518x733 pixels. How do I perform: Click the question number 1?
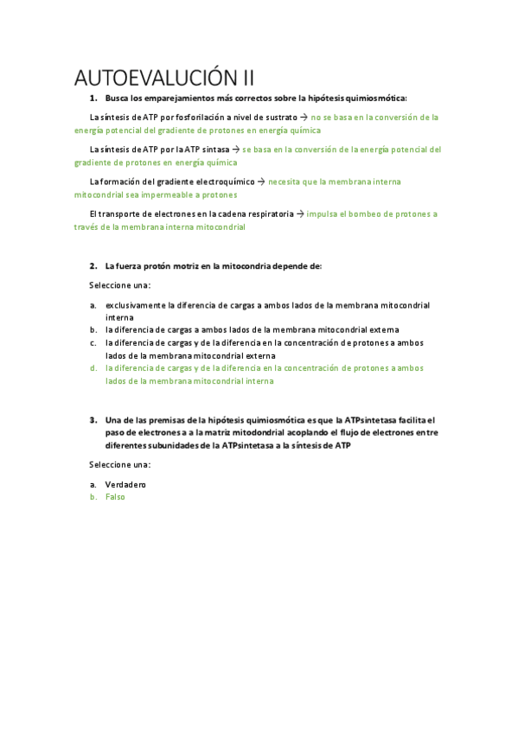[93, 99]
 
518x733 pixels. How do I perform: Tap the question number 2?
[93, 265]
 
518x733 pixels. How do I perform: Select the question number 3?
[93, 420]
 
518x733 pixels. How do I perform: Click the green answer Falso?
[115, 497]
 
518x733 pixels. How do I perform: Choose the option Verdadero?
[125, 485]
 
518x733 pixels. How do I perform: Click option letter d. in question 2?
[93, 367]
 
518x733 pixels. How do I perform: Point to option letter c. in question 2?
[93, 342]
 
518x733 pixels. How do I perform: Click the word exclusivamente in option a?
[135, 305]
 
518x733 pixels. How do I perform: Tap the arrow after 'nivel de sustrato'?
[304, 117]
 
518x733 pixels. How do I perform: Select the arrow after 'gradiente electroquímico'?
[262, 182]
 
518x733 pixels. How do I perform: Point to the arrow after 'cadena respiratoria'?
[300, 214]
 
